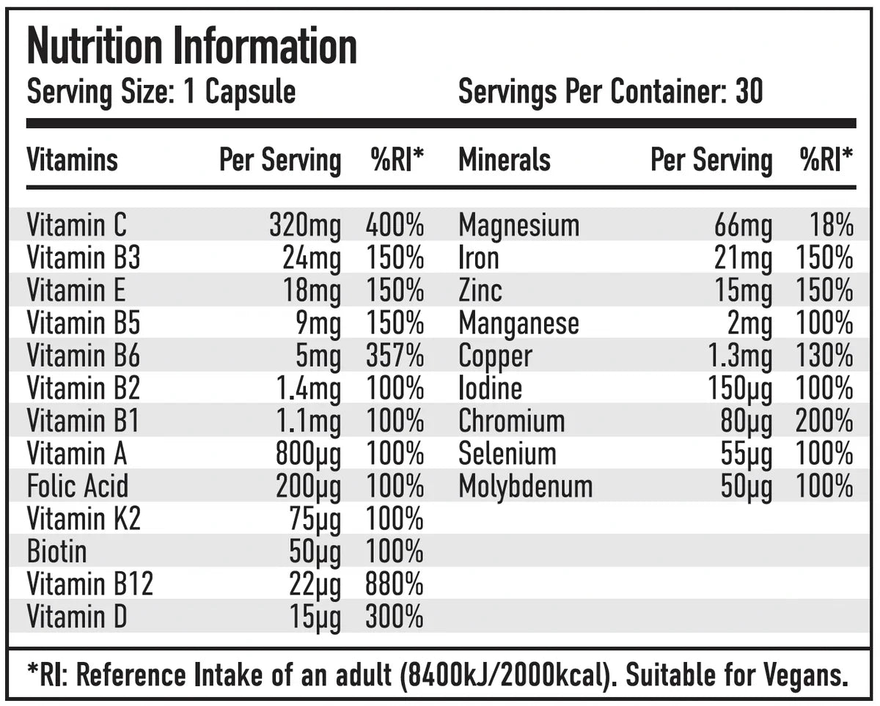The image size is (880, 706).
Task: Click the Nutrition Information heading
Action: point(191,48)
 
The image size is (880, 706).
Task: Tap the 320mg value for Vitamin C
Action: point(304,226)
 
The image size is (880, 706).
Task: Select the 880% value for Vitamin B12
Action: point(395,584)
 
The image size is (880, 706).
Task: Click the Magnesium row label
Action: point(518,226)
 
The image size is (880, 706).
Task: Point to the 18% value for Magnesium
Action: point(832,226)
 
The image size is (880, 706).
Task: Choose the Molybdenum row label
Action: point(525,487)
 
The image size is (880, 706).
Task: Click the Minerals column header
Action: point(505,160)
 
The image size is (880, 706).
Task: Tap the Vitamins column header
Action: point(72,160)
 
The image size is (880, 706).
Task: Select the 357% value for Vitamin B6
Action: point(395,356)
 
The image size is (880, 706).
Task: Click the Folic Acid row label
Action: point(77,487)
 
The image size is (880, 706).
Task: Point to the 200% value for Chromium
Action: point(824,422)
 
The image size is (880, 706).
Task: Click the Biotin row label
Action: point(56,551)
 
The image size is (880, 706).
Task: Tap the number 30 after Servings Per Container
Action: point(749,92)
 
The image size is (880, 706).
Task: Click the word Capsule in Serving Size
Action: point(250,92)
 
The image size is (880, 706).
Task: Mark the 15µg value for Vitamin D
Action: point(315,617)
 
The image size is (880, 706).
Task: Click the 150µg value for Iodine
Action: point(739,389)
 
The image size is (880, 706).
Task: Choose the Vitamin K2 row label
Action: point(83,519)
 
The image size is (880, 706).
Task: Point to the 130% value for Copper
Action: point(824,356)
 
